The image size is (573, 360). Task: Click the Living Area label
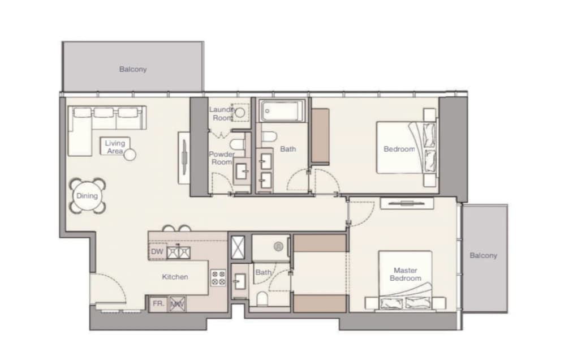(x=115, y=147)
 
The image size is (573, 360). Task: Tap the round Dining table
(x=87, y=196)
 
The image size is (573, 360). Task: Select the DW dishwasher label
(x=157, y=252)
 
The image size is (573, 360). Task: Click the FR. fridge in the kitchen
(x=158, y=303)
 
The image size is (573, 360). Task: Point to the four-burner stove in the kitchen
(x=218, y=278)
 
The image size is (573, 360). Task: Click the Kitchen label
(x=175, y=277)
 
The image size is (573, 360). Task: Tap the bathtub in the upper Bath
(x=281, y=110)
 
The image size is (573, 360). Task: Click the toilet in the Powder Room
(x=238, y=144)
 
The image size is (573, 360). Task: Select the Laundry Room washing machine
(x=240, y=112)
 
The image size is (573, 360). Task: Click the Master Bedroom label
(x=405, y=274)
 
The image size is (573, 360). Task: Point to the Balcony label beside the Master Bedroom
(x=483, y=255)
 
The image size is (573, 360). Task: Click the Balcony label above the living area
(x=133, y=69)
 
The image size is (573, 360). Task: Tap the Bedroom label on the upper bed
(x=399, y=149)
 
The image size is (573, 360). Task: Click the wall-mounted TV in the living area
(x=184, y=157)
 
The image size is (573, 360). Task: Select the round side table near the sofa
(x=130, y=155)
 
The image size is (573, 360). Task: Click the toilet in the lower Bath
(x=262, y=298)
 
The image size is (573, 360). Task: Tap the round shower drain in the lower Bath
(x=278, y=247)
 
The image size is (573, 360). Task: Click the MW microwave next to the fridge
(x=177, y=303)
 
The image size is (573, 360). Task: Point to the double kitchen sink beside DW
(x=178, y=252)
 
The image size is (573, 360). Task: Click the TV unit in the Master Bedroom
(x=407, y=203)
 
